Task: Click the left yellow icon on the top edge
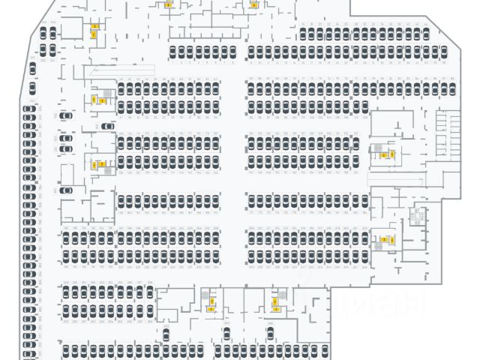(169, 4)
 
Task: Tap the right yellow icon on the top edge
(253, 4)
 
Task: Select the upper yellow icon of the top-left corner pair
(94, 27)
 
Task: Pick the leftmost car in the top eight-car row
(172, 52)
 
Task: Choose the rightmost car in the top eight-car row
(232, 52)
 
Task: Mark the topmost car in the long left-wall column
(28, 111)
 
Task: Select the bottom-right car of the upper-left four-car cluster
(52, 49)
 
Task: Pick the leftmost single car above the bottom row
(165, 334)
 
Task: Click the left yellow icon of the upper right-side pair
(383, 155)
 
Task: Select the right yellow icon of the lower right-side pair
(391, 240)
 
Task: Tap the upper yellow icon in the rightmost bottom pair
(277, 301)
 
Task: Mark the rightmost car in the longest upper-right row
(443, 52)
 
